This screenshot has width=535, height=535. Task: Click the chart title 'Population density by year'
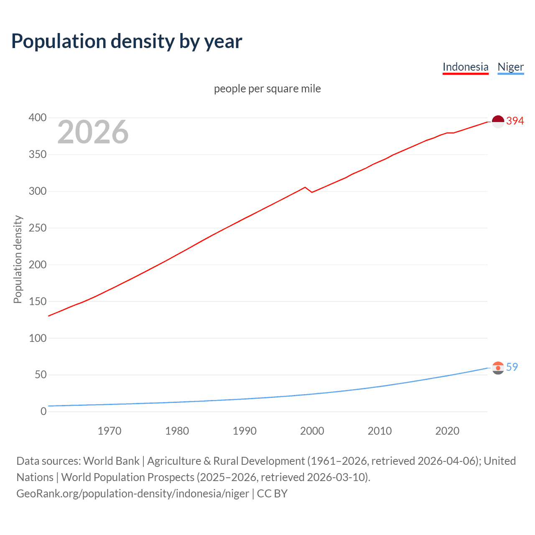click(127, 41)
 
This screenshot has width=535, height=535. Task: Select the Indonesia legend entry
click(465, 67)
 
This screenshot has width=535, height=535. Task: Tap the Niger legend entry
click(510, 67)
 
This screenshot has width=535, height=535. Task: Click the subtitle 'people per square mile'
click(267, 89)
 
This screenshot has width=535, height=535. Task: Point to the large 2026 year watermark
click(93, 132)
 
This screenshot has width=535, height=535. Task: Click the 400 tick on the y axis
click(38, 118)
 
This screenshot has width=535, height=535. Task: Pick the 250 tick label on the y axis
click(38, 228)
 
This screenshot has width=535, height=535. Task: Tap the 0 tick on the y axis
click(43, 412)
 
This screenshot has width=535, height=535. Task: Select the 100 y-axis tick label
click(38, 338)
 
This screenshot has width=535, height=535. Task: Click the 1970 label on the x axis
click(110, 431)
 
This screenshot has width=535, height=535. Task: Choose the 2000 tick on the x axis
click(312, 431)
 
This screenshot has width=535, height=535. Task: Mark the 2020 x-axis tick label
click(447, 431)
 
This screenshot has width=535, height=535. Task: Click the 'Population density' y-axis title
click(18, 259)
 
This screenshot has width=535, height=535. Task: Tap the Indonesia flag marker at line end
click(498, 122)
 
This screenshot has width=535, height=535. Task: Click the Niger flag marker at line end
click(498, 368)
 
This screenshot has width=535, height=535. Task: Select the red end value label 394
click(515, 121)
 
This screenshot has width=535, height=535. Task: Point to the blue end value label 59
click(512, 367)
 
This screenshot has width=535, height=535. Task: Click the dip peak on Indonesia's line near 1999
click(305, 187)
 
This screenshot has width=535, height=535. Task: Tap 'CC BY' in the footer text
click(272, 494)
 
